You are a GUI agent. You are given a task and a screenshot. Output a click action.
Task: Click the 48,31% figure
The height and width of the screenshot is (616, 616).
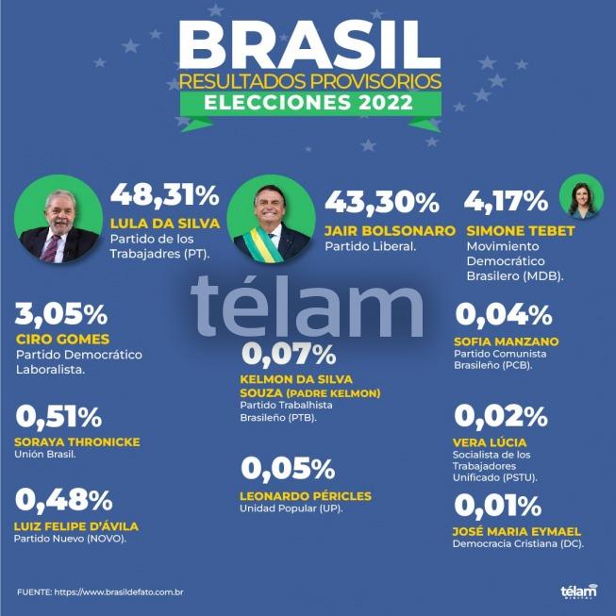pos(164,195)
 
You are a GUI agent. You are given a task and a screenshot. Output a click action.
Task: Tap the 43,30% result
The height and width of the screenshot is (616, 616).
pos(382,203)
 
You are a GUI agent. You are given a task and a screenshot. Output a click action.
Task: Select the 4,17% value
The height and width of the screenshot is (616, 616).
pos(506,202)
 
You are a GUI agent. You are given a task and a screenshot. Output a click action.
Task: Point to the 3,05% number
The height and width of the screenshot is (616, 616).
pos(61,314)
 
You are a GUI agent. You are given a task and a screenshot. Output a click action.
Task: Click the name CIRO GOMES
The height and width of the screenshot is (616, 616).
pos(63,339)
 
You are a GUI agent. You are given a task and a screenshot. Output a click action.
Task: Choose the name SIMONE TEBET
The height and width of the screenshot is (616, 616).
pos(521,231)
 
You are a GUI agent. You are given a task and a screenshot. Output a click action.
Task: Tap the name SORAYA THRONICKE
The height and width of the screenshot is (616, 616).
pos(77,442)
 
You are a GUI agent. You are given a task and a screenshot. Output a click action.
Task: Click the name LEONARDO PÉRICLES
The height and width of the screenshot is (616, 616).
pos(306,496)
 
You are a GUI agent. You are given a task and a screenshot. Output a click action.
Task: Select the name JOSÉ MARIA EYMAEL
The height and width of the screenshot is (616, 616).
pos(517,531)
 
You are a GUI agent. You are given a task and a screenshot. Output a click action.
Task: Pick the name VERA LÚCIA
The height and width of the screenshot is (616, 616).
pos(490,442)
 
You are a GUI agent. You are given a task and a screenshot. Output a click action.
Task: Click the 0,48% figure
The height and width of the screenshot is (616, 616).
pos(64,501)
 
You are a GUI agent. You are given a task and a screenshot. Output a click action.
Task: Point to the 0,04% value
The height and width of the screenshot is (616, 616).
pos(504,315)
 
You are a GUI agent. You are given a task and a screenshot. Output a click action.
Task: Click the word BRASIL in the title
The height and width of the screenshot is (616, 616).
pos(309,44)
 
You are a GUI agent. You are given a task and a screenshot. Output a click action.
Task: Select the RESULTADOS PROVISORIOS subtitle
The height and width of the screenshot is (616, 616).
pos(310,81)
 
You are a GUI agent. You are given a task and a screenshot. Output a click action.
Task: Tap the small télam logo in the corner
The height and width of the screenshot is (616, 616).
pos(579,591)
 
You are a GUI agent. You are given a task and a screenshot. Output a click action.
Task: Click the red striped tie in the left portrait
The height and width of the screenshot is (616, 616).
pos(51,248)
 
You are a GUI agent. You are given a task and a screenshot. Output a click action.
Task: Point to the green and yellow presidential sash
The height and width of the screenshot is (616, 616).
pos(262,244)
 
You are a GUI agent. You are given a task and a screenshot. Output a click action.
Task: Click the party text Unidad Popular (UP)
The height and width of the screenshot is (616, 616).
pos(291,508)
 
